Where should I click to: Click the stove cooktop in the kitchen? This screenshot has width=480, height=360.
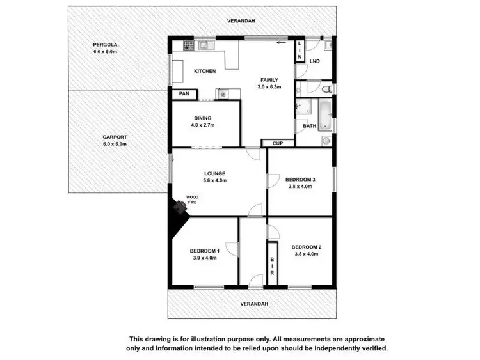click(189, 45)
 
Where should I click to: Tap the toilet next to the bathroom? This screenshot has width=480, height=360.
click(327, 89)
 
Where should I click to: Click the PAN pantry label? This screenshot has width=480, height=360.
click(184, 94)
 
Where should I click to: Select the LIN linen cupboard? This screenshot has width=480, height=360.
click(299, 50)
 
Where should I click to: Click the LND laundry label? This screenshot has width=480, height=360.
click(314, 61)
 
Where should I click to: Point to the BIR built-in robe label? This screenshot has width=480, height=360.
click(273, 262)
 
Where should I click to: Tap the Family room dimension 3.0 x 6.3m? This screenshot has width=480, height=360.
click(269, 87)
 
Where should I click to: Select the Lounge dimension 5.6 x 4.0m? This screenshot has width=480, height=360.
click(214, 180)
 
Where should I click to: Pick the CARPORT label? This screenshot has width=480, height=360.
click(115, 137)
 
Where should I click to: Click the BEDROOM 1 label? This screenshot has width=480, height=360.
click(205, 251)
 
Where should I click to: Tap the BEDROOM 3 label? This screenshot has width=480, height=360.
click(300, 180)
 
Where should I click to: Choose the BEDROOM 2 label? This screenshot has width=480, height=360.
click(306, 247)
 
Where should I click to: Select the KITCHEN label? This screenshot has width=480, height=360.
click(205, 71)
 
